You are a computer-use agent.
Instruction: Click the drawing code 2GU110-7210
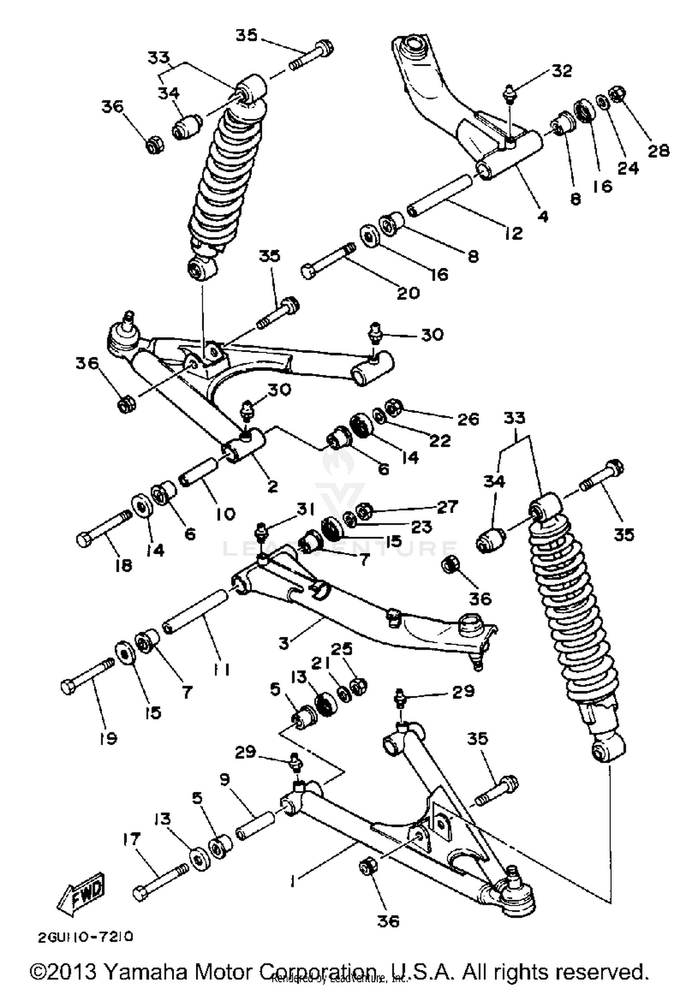click(86, 936)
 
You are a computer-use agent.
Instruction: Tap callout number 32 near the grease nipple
click(562, 71)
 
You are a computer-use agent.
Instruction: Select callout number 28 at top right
click(658, 150)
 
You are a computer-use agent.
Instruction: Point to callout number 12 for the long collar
click(514, 233)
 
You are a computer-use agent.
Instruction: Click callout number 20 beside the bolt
click(408, 293)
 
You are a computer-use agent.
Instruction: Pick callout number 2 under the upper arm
click(272, 486)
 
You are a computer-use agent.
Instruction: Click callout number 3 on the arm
click(284, 643)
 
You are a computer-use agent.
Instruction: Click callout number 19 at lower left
click(108, 738)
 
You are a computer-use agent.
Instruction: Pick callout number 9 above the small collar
click(224, 780)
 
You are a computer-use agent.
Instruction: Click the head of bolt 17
click(141, 893)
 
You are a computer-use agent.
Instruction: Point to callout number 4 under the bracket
click(542, 216)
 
